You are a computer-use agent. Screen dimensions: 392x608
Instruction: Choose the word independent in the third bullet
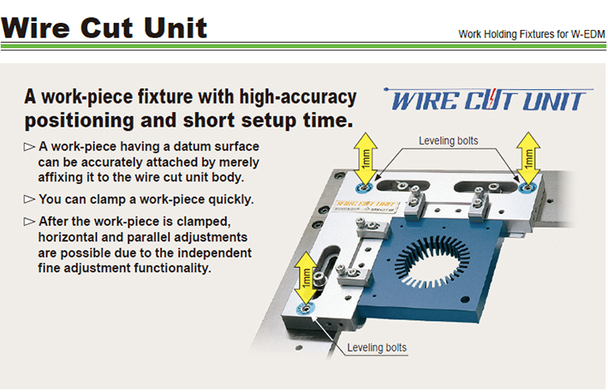click(209, 252)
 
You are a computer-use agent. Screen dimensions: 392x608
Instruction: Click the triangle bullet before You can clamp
click(29, 199)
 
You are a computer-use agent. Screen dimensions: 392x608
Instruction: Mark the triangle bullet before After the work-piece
click(29, 222)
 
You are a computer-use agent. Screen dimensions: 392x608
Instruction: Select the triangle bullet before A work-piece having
click(29, 147)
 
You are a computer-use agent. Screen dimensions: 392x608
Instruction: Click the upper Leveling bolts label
click(448, 140)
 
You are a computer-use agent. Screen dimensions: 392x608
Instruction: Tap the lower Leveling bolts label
click(378, 347)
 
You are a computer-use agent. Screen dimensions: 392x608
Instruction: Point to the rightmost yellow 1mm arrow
click(528, 157)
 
